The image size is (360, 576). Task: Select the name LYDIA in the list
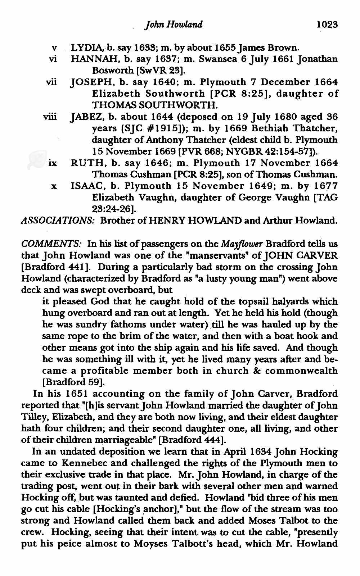(x=83, y=47)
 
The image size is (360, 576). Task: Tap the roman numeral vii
(x=51, y=82)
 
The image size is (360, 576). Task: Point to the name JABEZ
(x=82, y=117)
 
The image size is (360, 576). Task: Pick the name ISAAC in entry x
(x=83, y=186)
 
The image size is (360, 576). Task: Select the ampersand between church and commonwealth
(x=247, y=371)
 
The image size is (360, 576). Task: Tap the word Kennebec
(x=66, y=463)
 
